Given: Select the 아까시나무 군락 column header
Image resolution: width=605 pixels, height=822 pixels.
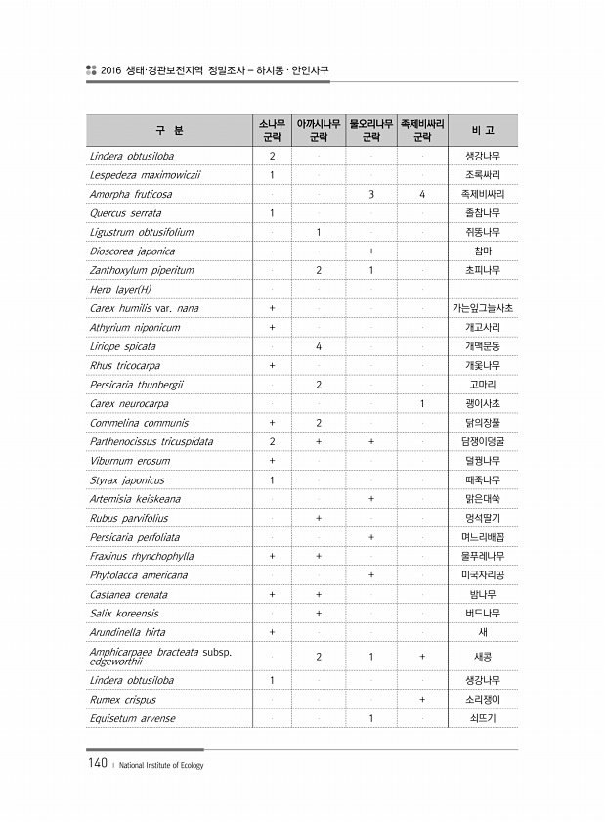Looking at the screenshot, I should pyautogui.click(x=319, y=130).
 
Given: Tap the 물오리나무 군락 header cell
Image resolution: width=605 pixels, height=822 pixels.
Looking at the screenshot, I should pyautogui.click(x=371, y=130).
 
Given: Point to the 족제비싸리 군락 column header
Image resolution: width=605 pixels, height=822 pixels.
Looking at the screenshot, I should pyautogui.click(x=422, y=130).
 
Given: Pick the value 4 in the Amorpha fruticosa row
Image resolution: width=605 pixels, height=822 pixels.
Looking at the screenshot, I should pyautogui.click(x=422, y=194).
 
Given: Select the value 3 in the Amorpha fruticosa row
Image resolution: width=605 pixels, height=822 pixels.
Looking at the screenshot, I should pyautogui.click(x=371, y=194).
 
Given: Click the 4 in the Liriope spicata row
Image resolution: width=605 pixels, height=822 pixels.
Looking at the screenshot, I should pyautogui.click(x=319, y=346).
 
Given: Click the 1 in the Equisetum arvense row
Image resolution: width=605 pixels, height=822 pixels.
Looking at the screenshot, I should pyautogui.click(x=371, y=718).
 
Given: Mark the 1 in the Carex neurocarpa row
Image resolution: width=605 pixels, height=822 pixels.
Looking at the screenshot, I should pyautogui.click(x=422, y=403).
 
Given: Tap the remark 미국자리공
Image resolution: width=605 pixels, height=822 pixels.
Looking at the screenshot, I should pyautogui.click(x=483, y=574).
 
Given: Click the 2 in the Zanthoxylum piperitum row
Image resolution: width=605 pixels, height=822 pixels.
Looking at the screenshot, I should pyautogui.click(x=319, y=270).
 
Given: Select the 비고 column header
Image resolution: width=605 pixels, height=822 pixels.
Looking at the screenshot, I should pyautogui.click(x=483, y=130).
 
